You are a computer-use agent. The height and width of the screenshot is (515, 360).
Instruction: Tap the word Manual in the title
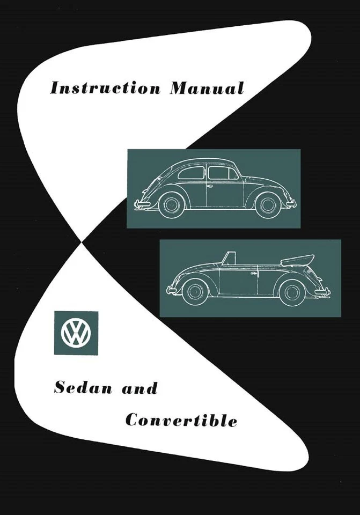point(207,87)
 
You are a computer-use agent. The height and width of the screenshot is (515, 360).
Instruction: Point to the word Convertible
point(181,421)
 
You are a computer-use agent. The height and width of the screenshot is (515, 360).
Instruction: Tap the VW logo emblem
point(76,333)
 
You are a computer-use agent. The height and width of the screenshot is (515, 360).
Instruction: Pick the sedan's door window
point(222,173)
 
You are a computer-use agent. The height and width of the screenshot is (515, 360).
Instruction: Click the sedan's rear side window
point(192,173)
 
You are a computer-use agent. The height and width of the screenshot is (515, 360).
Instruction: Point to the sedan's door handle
point(209,186)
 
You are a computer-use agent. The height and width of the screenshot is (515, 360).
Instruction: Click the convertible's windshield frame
point(229,259)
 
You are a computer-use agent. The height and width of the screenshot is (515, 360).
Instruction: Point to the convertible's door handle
point(254,273)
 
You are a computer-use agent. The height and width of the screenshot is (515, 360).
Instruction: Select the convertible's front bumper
point(171,290)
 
